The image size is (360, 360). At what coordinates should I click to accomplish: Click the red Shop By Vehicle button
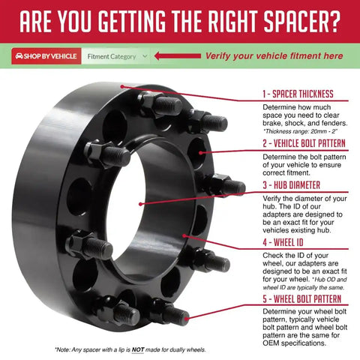[46, 56]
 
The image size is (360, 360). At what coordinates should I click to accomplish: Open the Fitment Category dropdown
[115, 56]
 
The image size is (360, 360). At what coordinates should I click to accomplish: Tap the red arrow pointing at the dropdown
[178, 55]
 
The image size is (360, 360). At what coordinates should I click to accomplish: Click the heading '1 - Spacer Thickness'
[298, 94]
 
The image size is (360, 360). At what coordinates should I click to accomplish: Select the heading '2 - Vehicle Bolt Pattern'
[304, 143]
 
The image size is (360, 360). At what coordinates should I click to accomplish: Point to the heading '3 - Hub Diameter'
[291, 185]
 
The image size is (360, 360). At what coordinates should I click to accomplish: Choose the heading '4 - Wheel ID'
[283, 242]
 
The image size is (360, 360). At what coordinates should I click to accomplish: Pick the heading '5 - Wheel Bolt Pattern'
[301, 299]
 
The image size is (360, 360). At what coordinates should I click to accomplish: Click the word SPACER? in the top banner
[302, 22]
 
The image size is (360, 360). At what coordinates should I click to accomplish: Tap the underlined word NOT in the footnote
[138, 349]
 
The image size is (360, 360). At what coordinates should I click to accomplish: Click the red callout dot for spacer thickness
[122, 87]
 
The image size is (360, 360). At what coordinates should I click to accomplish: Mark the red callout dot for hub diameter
[140, 204]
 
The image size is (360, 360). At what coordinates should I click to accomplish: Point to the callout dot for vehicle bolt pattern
[200, 152]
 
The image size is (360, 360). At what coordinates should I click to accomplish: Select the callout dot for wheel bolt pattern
[187, 319]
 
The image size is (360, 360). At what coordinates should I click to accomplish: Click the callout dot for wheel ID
[184, 235]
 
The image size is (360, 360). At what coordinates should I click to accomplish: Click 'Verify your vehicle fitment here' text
[274, 56]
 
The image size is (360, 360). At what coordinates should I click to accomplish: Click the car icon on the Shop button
[19, 56]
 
